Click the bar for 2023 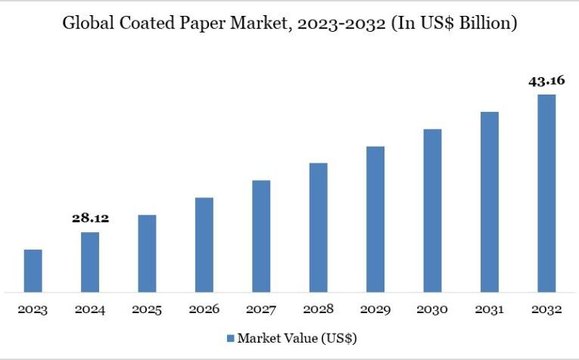(x=33, y=271)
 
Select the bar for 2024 (x=90, y=262)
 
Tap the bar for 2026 (x=204, y=244)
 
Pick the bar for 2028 (x=319, y=227)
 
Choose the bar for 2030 (x=432, y=210)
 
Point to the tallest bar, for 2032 (x=546, y=193)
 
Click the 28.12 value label (x=90, y=218)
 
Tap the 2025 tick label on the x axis (x=147, y=309)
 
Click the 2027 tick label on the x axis (x=261, y=309)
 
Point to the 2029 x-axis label (x=375, y=309)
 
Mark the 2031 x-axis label (x=490, y=309)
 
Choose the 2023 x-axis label (x=33, y=309)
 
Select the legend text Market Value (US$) (x=291, y=337)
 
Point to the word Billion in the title (x=484, y=23)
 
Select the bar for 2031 (x=490, y=202)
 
